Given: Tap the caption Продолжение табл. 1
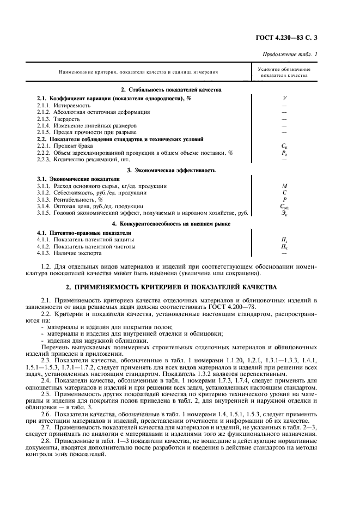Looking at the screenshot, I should click(290, 54).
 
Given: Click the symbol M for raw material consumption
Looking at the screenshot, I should click(284, 186).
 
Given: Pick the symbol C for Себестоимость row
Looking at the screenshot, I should click(284, 193).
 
